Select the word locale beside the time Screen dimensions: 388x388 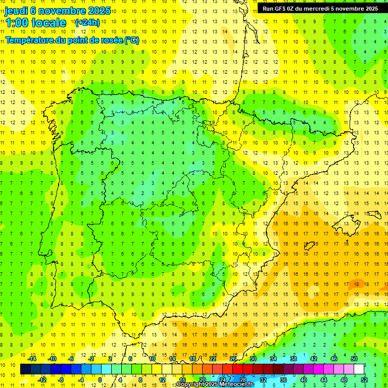click(51, 23)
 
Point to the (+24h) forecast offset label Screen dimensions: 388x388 click(87, 23)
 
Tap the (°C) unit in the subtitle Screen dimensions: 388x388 click(131, 40)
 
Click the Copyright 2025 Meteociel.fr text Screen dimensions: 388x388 click(215, 384)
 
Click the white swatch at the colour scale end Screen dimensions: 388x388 click(359, 369)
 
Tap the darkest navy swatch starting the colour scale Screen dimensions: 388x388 click(25, 369)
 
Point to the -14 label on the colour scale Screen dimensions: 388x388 click(32, 359)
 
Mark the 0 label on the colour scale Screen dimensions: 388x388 click(100, 380)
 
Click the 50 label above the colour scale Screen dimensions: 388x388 click(354, 359)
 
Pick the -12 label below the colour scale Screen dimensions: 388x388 click(42, 380)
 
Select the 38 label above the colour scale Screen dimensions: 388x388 click(294, 359)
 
